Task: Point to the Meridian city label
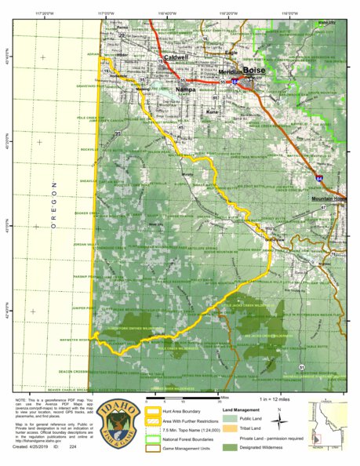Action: (230, 72)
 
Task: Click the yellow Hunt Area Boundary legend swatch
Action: (149, 410)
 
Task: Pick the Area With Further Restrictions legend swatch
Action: (149, 419)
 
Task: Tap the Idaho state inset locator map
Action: (325, 424)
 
